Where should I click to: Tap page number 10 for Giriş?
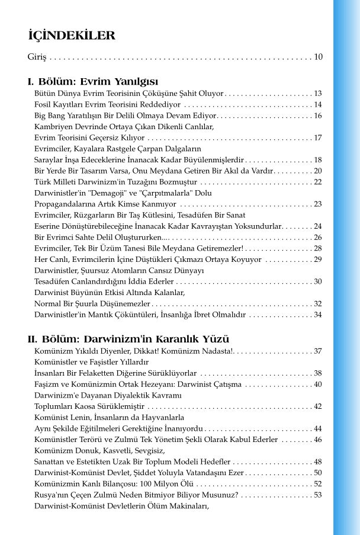click(318, 57)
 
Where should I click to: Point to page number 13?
click(318, 94)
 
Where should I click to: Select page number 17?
click(318, 138)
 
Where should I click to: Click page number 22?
click(318, 182)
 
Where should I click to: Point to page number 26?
click(318, 237)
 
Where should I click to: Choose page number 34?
click(318, 314)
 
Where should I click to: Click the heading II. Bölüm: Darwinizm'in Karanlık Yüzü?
click(128, 339)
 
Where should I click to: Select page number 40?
click(318, 385)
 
